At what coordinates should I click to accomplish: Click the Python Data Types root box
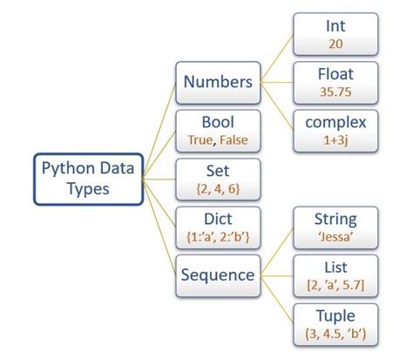88,179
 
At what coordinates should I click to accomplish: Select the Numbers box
217,83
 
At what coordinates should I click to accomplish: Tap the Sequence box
217,275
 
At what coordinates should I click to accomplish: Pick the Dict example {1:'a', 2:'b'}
217,235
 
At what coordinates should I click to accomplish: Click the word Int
335,26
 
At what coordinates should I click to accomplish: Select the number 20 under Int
335,43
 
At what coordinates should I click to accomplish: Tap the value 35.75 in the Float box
335,91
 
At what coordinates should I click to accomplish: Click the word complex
335,121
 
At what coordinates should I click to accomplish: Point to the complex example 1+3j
335,139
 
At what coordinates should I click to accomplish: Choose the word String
335,218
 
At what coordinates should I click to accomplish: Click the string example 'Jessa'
335,235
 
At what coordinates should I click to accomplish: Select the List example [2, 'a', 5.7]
335,283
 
